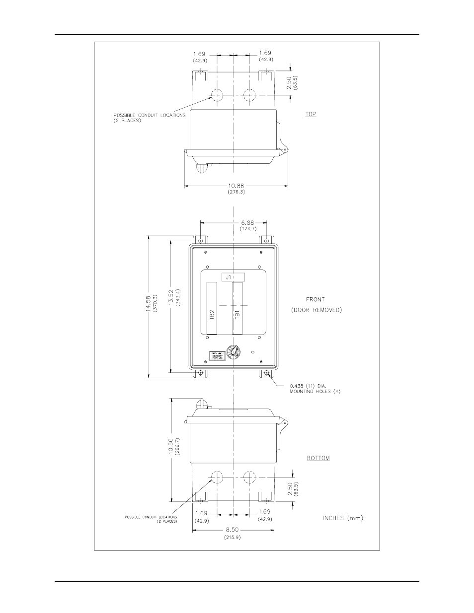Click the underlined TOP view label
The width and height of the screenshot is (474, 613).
click(311, 114)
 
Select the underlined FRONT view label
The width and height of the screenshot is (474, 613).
click(316, 299)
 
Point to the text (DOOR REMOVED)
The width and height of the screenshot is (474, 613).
click(316, 310)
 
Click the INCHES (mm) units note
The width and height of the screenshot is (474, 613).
click(343, 518)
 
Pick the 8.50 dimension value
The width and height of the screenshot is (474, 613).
click(233, 530)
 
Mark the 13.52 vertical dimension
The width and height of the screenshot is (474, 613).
click(171, 306)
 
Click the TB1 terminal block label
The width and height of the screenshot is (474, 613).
click(237, 314)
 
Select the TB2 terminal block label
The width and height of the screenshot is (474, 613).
click(212, 314)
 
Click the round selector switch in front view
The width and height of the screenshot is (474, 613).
click(232, 353)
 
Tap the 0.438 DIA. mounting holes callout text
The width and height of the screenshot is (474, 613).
click(315, 388)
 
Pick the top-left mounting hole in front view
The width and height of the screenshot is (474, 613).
click(200, 241)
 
